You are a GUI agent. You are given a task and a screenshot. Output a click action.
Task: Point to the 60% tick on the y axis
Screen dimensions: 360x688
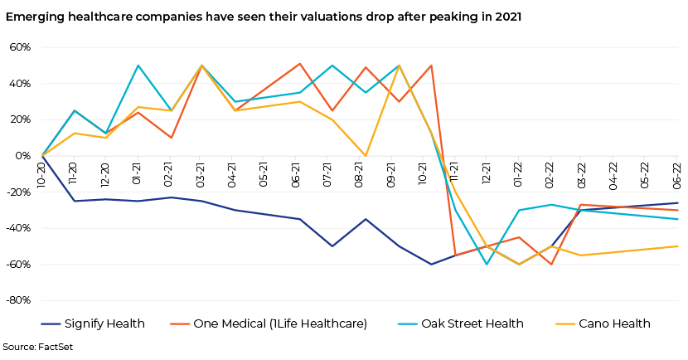click(x=20, y=47)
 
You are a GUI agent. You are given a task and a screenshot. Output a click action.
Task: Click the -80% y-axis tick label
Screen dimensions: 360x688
click(x=18, y=300)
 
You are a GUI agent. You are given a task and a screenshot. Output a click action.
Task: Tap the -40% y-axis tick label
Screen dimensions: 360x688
click(x=18, y=228)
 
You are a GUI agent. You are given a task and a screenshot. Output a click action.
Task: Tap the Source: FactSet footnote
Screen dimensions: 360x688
click(x=36, y=347)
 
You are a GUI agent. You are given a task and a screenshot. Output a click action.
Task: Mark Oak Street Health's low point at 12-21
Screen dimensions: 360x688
click(x=486, y=264)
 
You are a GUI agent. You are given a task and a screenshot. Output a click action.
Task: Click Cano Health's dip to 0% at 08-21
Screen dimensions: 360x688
click(x=366, y=156)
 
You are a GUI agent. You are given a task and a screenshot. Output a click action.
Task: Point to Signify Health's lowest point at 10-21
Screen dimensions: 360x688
click(x=431, y=264)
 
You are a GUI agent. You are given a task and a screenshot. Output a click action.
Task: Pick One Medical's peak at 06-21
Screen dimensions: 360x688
click(x=299, y=64)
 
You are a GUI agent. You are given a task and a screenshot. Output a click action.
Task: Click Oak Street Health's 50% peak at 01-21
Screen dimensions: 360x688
click(x=138, y=66)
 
